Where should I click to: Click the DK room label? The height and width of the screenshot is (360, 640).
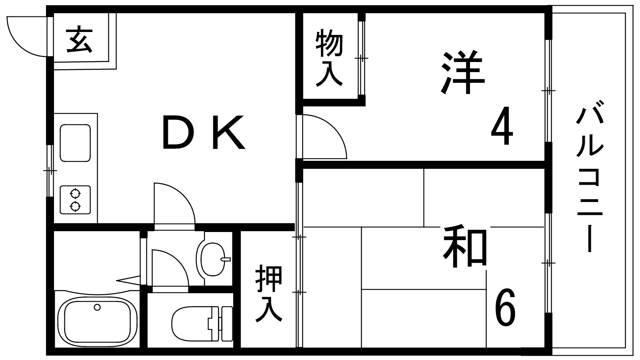click(x=204, y=132)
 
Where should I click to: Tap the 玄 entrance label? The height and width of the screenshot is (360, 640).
click(x=80, y=40)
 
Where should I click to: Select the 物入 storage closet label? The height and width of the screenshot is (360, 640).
click(x=329, y=58)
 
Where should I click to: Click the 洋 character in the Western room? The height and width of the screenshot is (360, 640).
click(x=462, y=72)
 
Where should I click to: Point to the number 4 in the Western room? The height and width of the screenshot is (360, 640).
click(x=502, y=126)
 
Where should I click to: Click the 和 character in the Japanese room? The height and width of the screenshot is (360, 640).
click(x=465, y=246)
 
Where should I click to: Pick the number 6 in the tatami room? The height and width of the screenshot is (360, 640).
click(x=505, y=307)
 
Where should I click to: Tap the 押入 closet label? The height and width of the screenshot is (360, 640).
click(x=269, y=293)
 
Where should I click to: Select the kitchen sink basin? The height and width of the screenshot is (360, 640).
click(x=75, y=143)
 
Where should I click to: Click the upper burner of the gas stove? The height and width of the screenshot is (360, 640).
click(x=75, y=194)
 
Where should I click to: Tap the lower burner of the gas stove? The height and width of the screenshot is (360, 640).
click(x=75, y=206)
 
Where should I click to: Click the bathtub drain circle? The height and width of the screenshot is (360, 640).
click(x=97, y=308)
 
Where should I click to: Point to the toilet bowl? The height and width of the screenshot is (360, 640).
click(x=192, y=324)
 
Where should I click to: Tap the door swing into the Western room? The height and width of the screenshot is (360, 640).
click(x=325, y=136)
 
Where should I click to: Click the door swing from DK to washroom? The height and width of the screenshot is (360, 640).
click(x=174, y=204)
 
